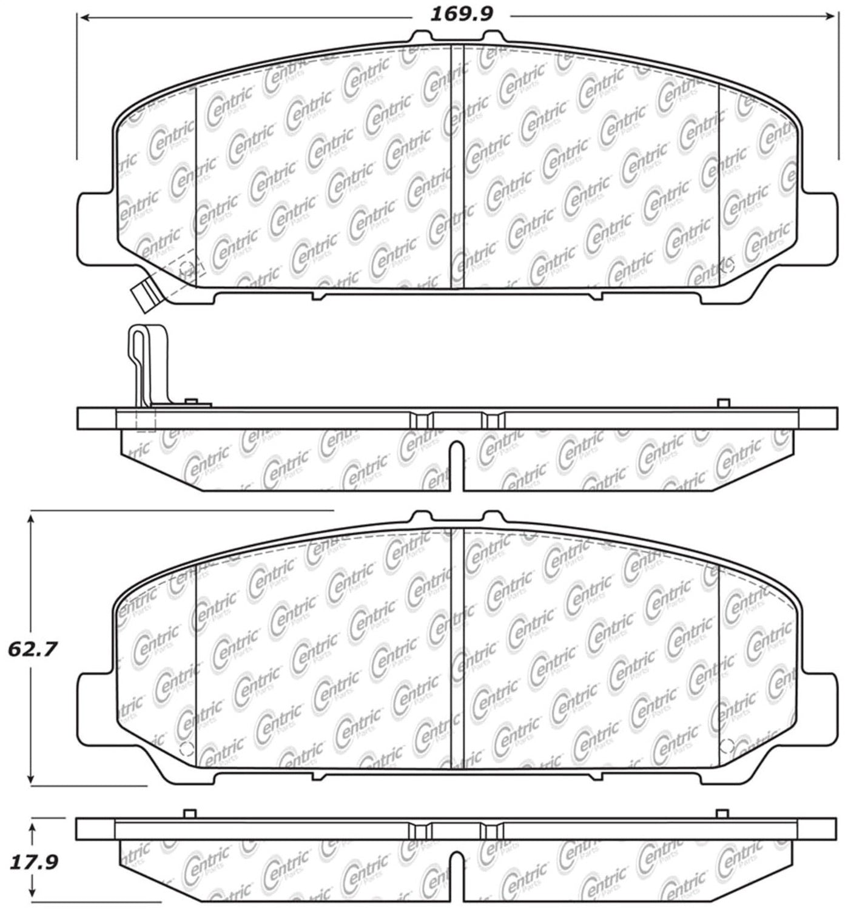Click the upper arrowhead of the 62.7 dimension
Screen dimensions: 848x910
(30, 519)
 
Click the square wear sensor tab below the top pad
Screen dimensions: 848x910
(146, 297)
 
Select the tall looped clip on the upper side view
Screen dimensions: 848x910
(147, 366)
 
